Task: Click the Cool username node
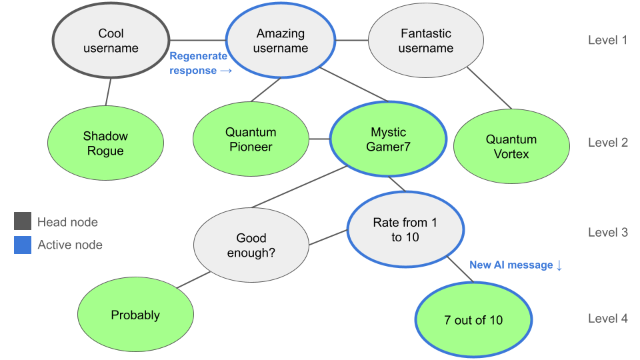[x=111, y=41]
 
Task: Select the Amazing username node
[x=281, y=41]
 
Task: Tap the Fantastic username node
[x=426, y=41]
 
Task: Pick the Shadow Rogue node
[x=105, y=143]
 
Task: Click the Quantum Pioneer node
[x=251, y=139]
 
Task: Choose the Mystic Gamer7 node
[x=387, y=139]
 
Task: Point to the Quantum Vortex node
[x=511, y=147]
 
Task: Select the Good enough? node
[x=251, y=245]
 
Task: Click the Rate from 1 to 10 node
[x=405, y=229]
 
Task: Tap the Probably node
[x=135, y=315]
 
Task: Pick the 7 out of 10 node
[x=473, y=320]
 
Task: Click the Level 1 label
[x=607, y=40]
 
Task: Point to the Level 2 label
[x=607, y=143]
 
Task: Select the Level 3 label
[x=607, y=233]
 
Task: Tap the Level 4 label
[x=607, y=319]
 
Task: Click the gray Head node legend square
[x=23, y=222]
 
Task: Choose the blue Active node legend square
[x=23, y=245]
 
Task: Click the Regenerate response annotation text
[x=199, y=63]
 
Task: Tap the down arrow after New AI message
[x=559, y=265]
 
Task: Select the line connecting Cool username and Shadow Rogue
[x=107, y=90]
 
